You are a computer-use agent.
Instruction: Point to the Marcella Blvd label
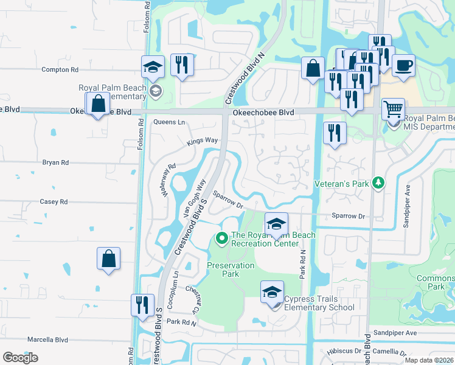point(47,339)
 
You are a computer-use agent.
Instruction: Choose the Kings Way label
point(202,141)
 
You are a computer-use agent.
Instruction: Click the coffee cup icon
point(403,66)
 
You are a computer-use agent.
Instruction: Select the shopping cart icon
point(393,109)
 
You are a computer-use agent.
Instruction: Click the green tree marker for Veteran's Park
point(378,182)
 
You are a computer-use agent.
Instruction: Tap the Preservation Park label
point(231,269)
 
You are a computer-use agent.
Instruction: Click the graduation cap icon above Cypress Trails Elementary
point(272,291)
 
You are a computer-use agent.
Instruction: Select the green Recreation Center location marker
point(221,237)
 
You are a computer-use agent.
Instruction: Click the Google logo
point(20,358)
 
